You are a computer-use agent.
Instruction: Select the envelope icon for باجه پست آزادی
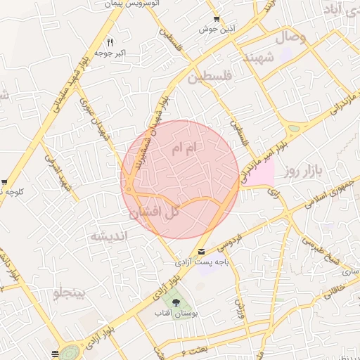coord(202,252)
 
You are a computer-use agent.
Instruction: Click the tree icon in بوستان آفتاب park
coord(176,303)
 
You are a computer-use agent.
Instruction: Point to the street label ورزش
coord(238,307)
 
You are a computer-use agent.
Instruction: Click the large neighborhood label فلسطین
coord(208,77)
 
